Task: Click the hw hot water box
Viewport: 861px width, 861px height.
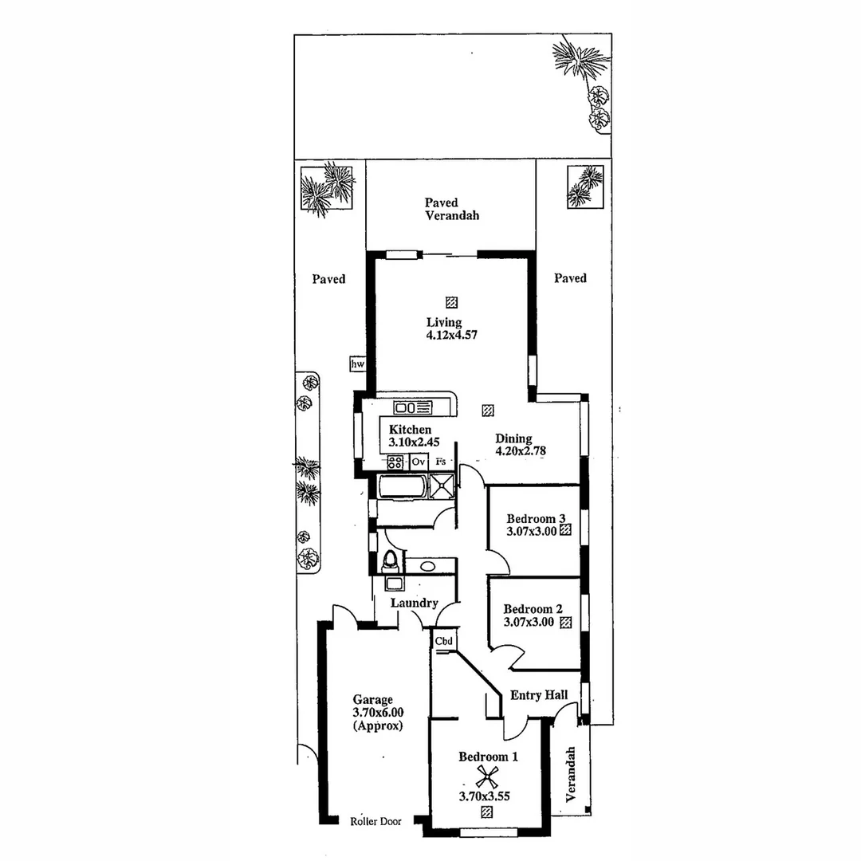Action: click(357, 364)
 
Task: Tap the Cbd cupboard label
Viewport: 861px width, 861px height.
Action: click(444, 640)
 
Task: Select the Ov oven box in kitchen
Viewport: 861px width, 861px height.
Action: click(419, 462)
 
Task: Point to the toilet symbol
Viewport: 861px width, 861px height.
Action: click(390, 561)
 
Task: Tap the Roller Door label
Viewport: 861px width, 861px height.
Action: click(375, 821)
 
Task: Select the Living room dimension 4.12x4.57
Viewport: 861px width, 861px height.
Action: click(452, 336)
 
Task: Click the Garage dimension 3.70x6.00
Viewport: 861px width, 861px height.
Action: click(379, 714)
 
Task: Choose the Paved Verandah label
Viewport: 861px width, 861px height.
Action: click(452, 209)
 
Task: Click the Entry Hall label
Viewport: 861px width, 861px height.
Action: click(539, 695)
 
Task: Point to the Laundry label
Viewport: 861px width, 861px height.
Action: click(414, 603)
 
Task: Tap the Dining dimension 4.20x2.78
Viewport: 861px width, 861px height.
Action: click(520, 450)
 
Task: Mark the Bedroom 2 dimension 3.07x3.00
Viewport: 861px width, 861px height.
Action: click(529, 623)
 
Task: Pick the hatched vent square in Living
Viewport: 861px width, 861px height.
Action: click(452, 302)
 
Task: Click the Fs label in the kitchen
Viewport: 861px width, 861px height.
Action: click(440, 462)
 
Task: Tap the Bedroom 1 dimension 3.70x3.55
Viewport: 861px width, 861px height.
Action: click(484, 795)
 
